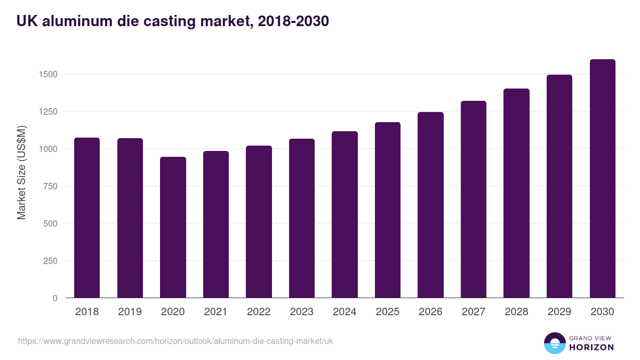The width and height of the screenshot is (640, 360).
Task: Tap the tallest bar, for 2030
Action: pyautogui.click(x=603, y=179)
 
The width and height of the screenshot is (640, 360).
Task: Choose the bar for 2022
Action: pyautogui.click(x=259, y=221)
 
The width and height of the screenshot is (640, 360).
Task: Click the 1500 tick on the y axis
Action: pyautogui.click(x=47, y=74)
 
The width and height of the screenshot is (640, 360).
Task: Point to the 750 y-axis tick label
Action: pyautogui.click(x=50, y=186)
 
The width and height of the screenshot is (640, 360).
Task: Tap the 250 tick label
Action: pyautogui.click(x=50, y=261)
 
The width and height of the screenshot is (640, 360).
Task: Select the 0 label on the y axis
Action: pyautogui.click(x=55, y=298)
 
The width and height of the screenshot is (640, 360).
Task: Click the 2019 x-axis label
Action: pyautogui.click(x=130, y=312)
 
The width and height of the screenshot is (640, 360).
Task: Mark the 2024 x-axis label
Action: pyautogui.click(x=345, y=312)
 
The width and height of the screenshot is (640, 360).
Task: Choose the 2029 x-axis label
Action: pyautogui.click(x=559, y=312)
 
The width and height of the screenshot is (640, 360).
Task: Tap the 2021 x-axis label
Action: pyautogui.click(x=216, y=312)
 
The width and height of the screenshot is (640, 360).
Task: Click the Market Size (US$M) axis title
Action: pyautogui.click(x=21, y=172)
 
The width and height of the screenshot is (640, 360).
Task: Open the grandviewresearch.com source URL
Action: pyautogui.click(x=175, y=341)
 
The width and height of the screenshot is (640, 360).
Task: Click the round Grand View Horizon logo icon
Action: pyautogui.click(x=555, y=343)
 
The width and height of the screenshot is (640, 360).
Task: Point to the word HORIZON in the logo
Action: pyautogui.click(x=591, y=347)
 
